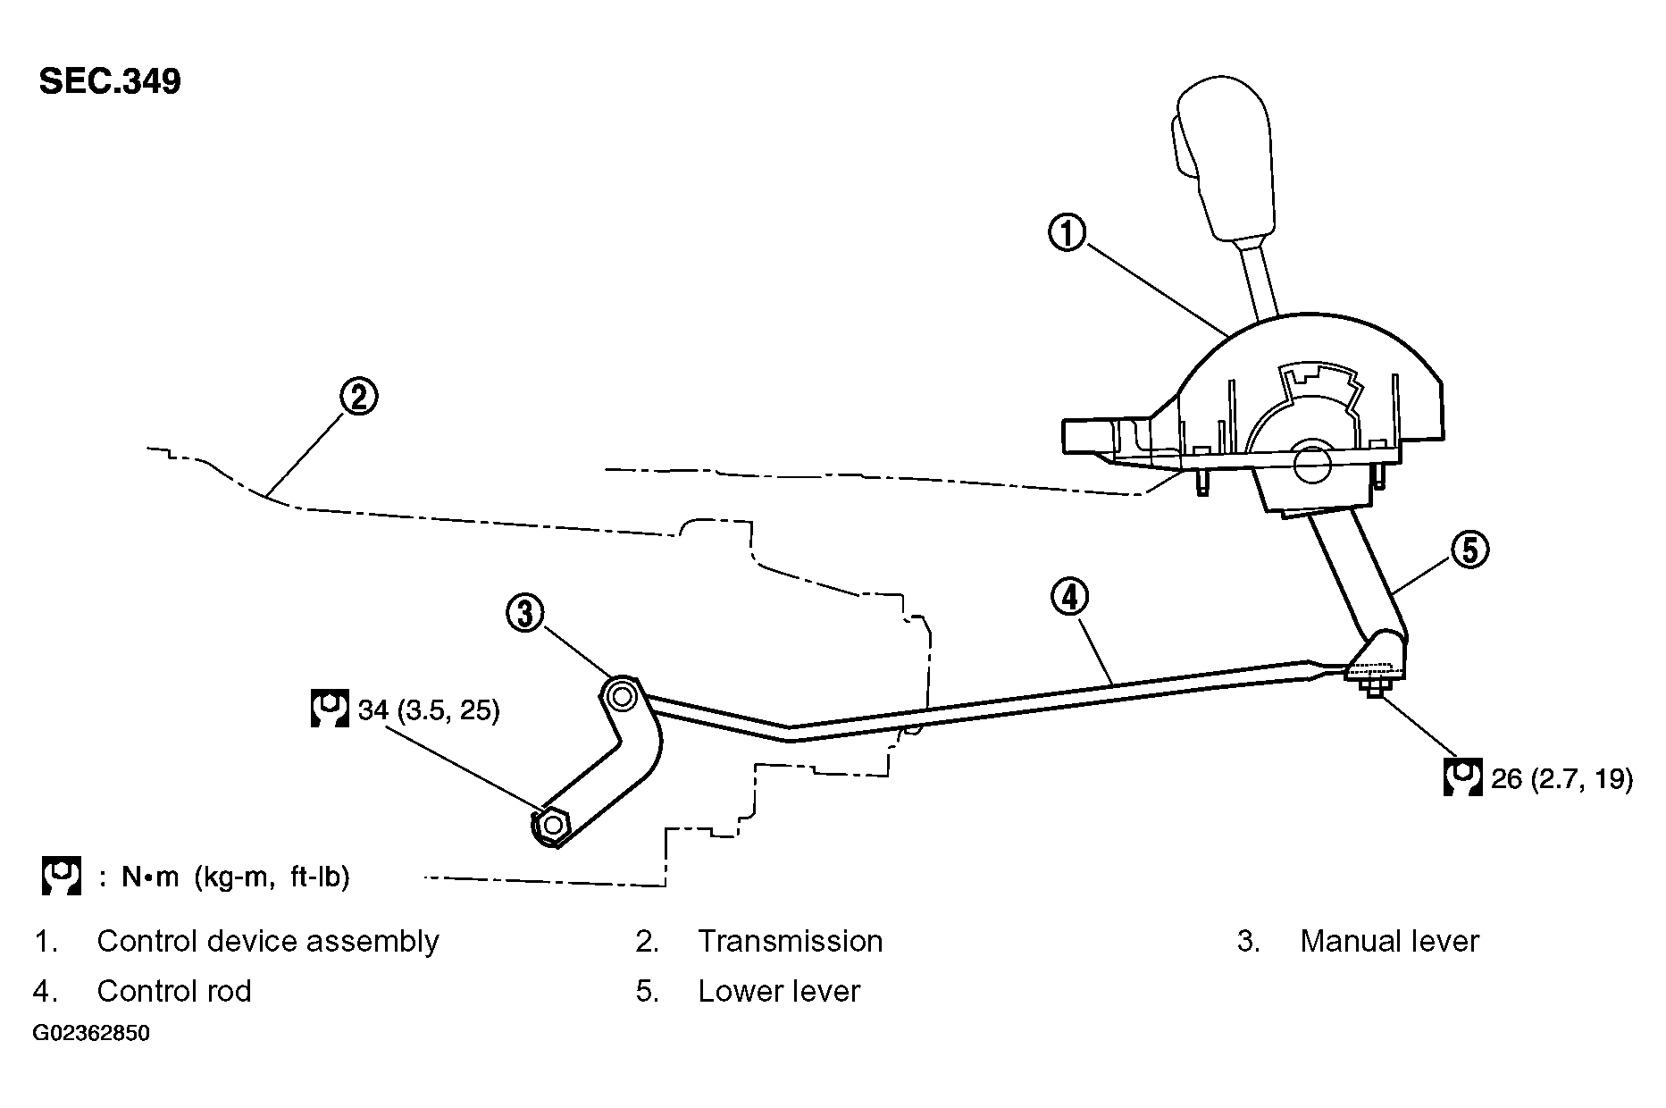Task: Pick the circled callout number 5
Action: [1469, 549]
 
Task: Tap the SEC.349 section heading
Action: [110, 81]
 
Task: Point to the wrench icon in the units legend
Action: [62, 876]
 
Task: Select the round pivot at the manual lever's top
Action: [620, 694]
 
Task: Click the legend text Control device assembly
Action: [267, 941]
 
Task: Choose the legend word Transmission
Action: [790, 941]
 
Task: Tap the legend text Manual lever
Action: [1389, 941]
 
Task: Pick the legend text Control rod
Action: [174, 991]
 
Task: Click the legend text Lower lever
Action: [779, 991]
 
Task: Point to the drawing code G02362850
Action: [92, 1034]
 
